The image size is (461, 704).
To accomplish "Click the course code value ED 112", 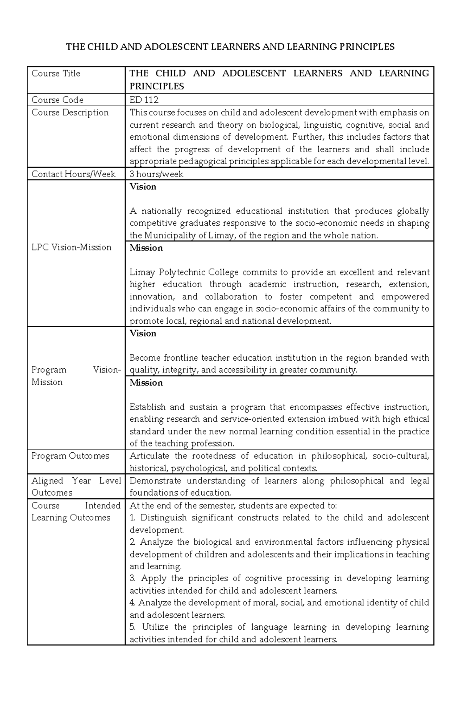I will coord(144,100).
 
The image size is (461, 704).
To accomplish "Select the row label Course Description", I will coord(70,113).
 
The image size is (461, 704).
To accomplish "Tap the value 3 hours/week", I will coord(156,174).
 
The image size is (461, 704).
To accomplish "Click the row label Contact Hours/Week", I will coord(73,174).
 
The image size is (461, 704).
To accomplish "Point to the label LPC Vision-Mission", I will coord(71,247).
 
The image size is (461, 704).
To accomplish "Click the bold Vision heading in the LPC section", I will coord(143,187).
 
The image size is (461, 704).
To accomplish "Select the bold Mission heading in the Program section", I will coord(146,383).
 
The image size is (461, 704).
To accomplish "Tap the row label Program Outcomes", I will coord(70,456).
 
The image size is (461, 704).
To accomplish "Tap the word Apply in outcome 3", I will coord(154,578).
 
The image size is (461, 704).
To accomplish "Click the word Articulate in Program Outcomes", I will coord(149,456).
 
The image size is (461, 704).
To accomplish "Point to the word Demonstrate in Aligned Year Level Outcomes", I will coord(154,481).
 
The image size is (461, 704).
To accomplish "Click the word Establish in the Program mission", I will coord(148,407).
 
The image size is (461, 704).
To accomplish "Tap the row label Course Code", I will coord(57,100).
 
